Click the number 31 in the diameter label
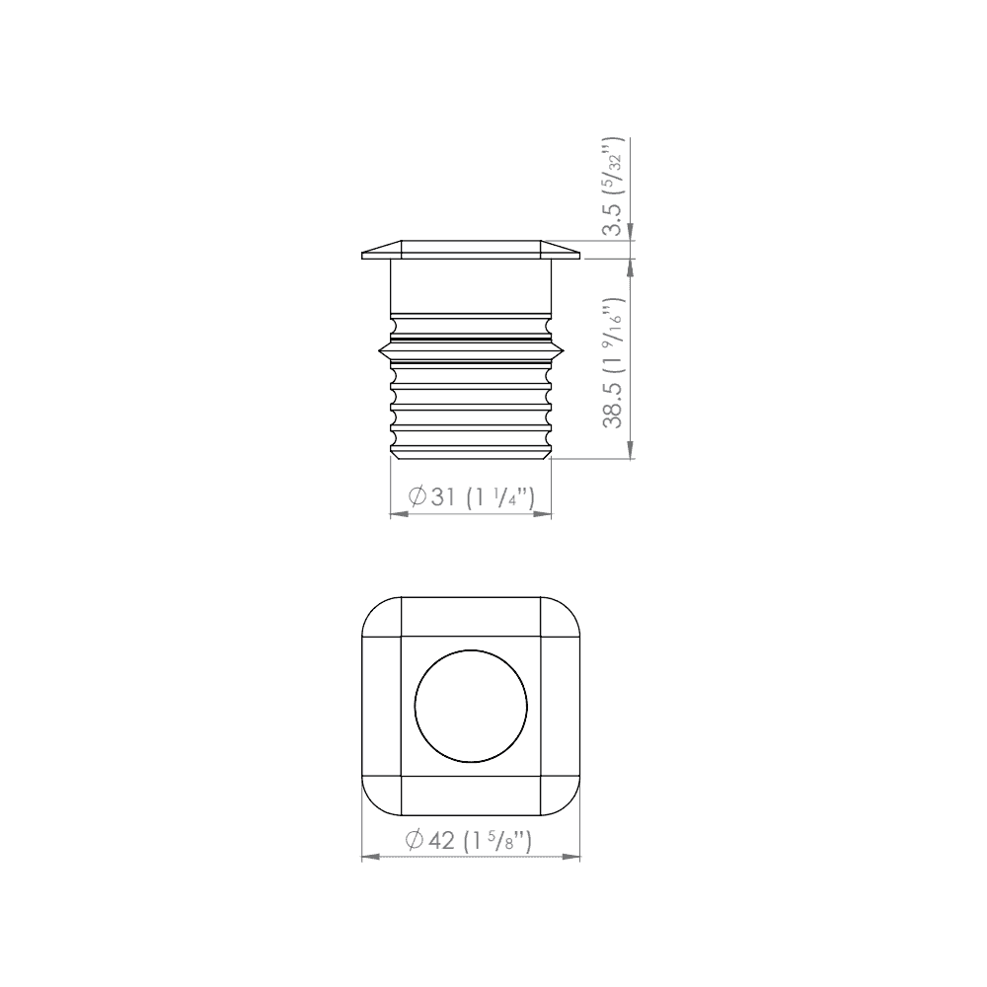tap(443, 496)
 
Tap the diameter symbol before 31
tap(417, 496)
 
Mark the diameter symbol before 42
tap(415, 840)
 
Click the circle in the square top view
tap(471, 707)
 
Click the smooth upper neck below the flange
tap(471, 286)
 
